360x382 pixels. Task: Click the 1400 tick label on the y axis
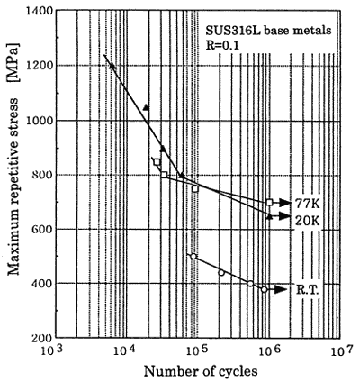[x=40, y=11]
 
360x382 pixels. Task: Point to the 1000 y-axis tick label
[x=40, y=120]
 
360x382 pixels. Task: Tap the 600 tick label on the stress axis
[x=43, y=229]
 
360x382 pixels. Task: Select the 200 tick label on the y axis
[x=43, y=339]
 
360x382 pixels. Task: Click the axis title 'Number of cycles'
[x=201, y=371]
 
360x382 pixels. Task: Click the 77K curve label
[x=307, y=204]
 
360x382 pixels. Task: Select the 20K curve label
[x=307, y=221]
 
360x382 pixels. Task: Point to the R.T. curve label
[x=308, y=289]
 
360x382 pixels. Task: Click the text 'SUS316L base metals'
[x=268, y=31]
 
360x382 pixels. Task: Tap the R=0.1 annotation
[x=222, y=45]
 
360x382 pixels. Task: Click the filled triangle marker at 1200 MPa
[x=112, y=66]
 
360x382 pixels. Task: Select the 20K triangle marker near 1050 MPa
[x=146, y=107]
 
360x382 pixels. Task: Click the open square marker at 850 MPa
[x=157, y=162]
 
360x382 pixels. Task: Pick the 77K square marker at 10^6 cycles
[x=269, y=203]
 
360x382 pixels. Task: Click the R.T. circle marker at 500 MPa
[x=193, y=256]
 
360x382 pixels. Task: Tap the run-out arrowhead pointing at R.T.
[x=281, y=289]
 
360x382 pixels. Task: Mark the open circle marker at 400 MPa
[x=250, y=284]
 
